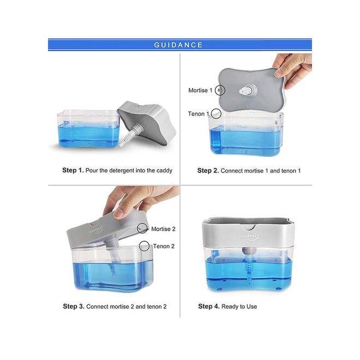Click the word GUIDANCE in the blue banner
coord(178,45)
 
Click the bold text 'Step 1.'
coord(73,170)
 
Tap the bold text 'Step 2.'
coord(208,171)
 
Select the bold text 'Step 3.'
coord(74,307)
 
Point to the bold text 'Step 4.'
coord(209,307)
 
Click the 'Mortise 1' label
coord(200,90)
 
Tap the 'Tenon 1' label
coord(199,113)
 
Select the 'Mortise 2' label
coord(163,229)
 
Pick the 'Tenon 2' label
coord(164,246)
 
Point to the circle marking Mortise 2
coord(137,228)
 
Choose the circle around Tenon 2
coord(140,246)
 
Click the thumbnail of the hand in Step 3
coord(118,214)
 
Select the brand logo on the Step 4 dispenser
coord(249,237)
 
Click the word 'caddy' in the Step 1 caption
coord(164,171)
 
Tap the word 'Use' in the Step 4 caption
coord(251,307)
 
